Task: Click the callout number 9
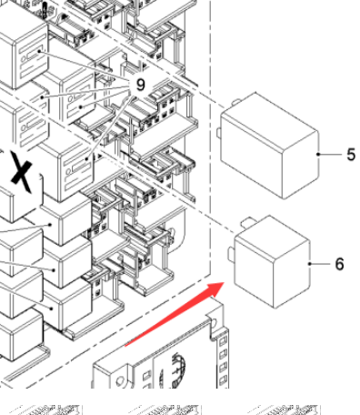(140, 85)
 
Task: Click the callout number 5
(351, 155)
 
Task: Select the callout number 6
(340, 264)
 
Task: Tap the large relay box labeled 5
(270, 146)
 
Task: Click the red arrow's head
(215, 289)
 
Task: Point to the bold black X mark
(22, 172)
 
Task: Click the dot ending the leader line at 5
(318, 155)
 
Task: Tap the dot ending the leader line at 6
(309, 264)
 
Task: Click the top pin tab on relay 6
(248, 222)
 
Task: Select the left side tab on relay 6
(231, 254)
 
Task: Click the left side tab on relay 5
(219, 133)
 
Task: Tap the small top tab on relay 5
(236, 102)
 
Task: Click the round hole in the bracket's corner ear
(214, 322)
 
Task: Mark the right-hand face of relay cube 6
(292, 273)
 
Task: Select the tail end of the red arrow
(125, 345)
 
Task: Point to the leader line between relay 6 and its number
(320, 264)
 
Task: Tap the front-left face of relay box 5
(252, 155)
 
